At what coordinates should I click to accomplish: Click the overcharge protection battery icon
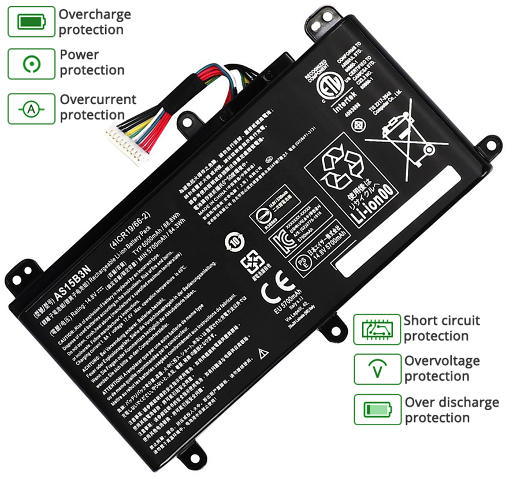click(x=32, y=22)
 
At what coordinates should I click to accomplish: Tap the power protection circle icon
click(x=32, y=63)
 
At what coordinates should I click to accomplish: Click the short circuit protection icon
click(x=377, y=329)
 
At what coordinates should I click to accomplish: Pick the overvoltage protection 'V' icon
click(x=377, y=369)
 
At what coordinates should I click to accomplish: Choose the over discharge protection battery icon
click(x=377, y=410)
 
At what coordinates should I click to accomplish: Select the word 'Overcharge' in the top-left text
click(x=95, y=14)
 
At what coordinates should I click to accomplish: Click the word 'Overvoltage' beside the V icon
click(x=442, y=361)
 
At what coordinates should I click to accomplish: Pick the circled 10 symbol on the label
click(x=236, y=239)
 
